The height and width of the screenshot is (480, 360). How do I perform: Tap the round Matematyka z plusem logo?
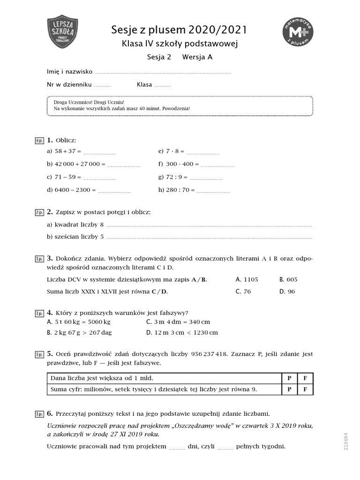pos(298,32)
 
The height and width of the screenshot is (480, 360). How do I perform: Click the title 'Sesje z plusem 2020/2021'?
pos(179,30)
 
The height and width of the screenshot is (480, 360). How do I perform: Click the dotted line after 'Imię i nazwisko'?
pos(163,73)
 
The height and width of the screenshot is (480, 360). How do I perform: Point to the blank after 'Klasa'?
pos(163,86)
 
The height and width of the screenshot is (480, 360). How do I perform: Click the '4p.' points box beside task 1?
pos(39,141)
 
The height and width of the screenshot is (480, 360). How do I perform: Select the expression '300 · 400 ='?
pos(179,165)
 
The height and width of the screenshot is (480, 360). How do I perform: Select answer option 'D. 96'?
pos(287,292)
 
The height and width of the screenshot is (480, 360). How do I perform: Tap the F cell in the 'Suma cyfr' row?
pos(305,390)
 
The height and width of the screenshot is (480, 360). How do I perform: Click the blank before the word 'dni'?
pos(177,447)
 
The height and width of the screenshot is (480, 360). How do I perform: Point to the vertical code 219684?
pos(346,441)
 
